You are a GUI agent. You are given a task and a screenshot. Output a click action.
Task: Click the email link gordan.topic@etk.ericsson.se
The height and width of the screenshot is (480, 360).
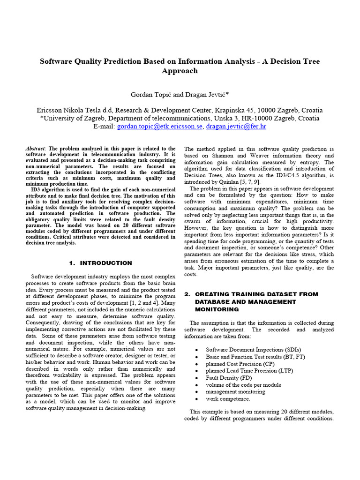(x=159, y=127)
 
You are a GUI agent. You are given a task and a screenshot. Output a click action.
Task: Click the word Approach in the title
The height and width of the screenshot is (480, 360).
(x=180, y=71)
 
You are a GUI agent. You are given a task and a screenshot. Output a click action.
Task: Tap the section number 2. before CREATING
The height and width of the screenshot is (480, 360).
(x=187, y=294)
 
